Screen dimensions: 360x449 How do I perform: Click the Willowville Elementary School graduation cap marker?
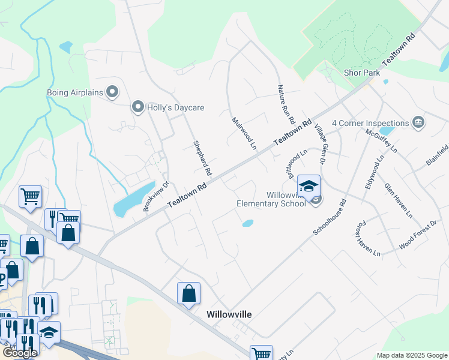[x=309, y=187]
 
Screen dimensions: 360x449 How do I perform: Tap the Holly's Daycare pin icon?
[x=137, y=107]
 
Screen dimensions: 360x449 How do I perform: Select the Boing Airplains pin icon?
[x=112, y=92]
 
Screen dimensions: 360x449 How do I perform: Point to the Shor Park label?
[x=362, y=73]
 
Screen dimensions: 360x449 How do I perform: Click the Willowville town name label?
[x=229, y=314]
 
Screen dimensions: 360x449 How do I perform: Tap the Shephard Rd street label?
[x=202, y=158]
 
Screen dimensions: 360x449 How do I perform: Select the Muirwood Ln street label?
[x=244, y=133]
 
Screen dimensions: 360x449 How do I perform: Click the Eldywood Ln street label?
[x=373, y=173]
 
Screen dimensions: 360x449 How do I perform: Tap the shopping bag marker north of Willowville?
[x=188, y=293]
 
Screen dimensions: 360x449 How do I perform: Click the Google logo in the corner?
[x=20, y=353]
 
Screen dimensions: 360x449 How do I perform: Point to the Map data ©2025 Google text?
[x=412, y=356]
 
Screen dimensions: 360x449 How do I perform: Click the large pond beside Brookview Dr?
[x=133, y=200]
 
